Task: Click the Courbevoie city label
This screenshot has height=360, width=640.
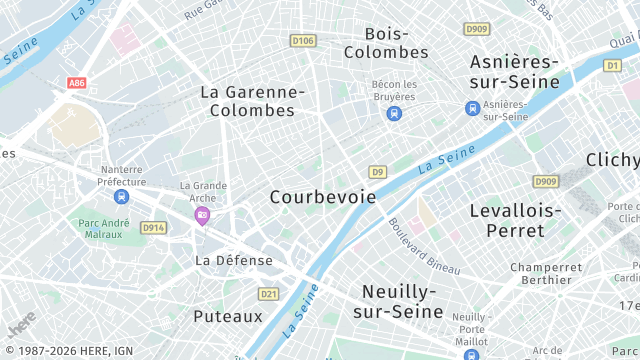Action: tap(323, 197)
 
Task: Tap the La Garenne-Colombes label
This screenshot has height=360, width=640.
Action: tap(252, 100)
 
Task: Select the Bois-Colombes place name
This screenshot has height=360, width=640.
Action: tap(385, 42)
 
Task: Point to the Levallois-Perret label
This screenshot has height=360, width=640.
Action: tap(515, 220)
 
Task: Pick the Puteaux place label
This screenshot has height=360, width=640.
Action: tap(228, 316)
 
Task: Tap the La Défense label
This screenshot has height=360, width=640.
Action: tap(234, 260)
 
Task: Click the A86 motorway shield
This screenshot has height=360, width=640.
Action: tap(77, 84)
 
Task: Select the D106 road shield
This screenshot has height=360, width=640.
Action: tap(302, 41)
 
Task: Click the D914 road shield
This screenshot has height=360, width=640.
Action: tap(153, 228)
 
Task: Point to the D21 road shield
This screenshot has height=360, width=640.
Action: tap(268, 294)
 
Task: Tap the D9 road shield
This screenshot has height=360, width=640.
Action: tap(377, 172)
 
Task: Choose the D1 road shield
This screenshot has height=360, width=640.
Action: tap(612, 65)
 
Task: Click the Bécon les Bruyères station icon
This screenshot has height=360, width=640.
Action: tap(394, 113)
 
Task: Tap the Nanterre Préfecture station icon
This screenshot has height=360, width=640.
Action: tap(122, 197)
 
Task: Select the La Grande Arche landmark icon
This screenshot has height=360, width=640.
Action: tap(202, 215)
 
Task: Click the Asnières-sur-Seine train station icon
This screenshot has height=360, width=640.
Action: tap(472, 108)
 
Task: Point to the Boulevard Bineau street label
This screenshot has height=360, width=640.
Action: tap(424, 247)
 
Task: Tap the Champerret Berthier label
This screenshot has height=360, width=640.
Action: tap(546, 274)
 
